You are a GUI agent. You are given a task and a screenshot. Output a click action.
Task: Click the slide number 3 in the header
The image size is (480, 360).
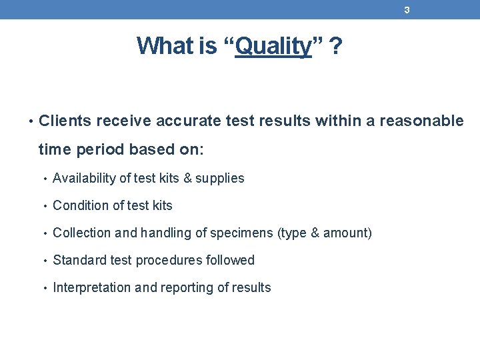tap(407, 10)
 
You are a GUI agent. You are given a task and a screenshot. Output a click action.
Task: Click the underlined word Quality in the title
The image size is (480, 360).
tap(273, 46)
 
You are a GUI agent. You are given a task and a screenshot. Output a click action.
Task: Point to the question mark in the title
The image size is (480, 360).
tap(336, 46)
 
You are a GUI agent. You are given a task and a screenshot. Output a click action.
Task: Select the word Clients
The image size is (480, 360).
tap(65, 121)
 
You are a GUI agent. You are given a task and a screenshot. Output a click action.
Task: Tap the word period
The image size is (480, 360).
tap(96, 149)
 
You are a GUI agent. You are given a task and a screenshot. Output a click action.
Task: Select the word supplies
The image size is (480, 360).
tap(219, 179)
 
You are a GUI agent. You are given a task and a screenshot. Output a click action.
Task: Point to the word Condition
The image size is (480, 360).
tap(79, 205)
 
